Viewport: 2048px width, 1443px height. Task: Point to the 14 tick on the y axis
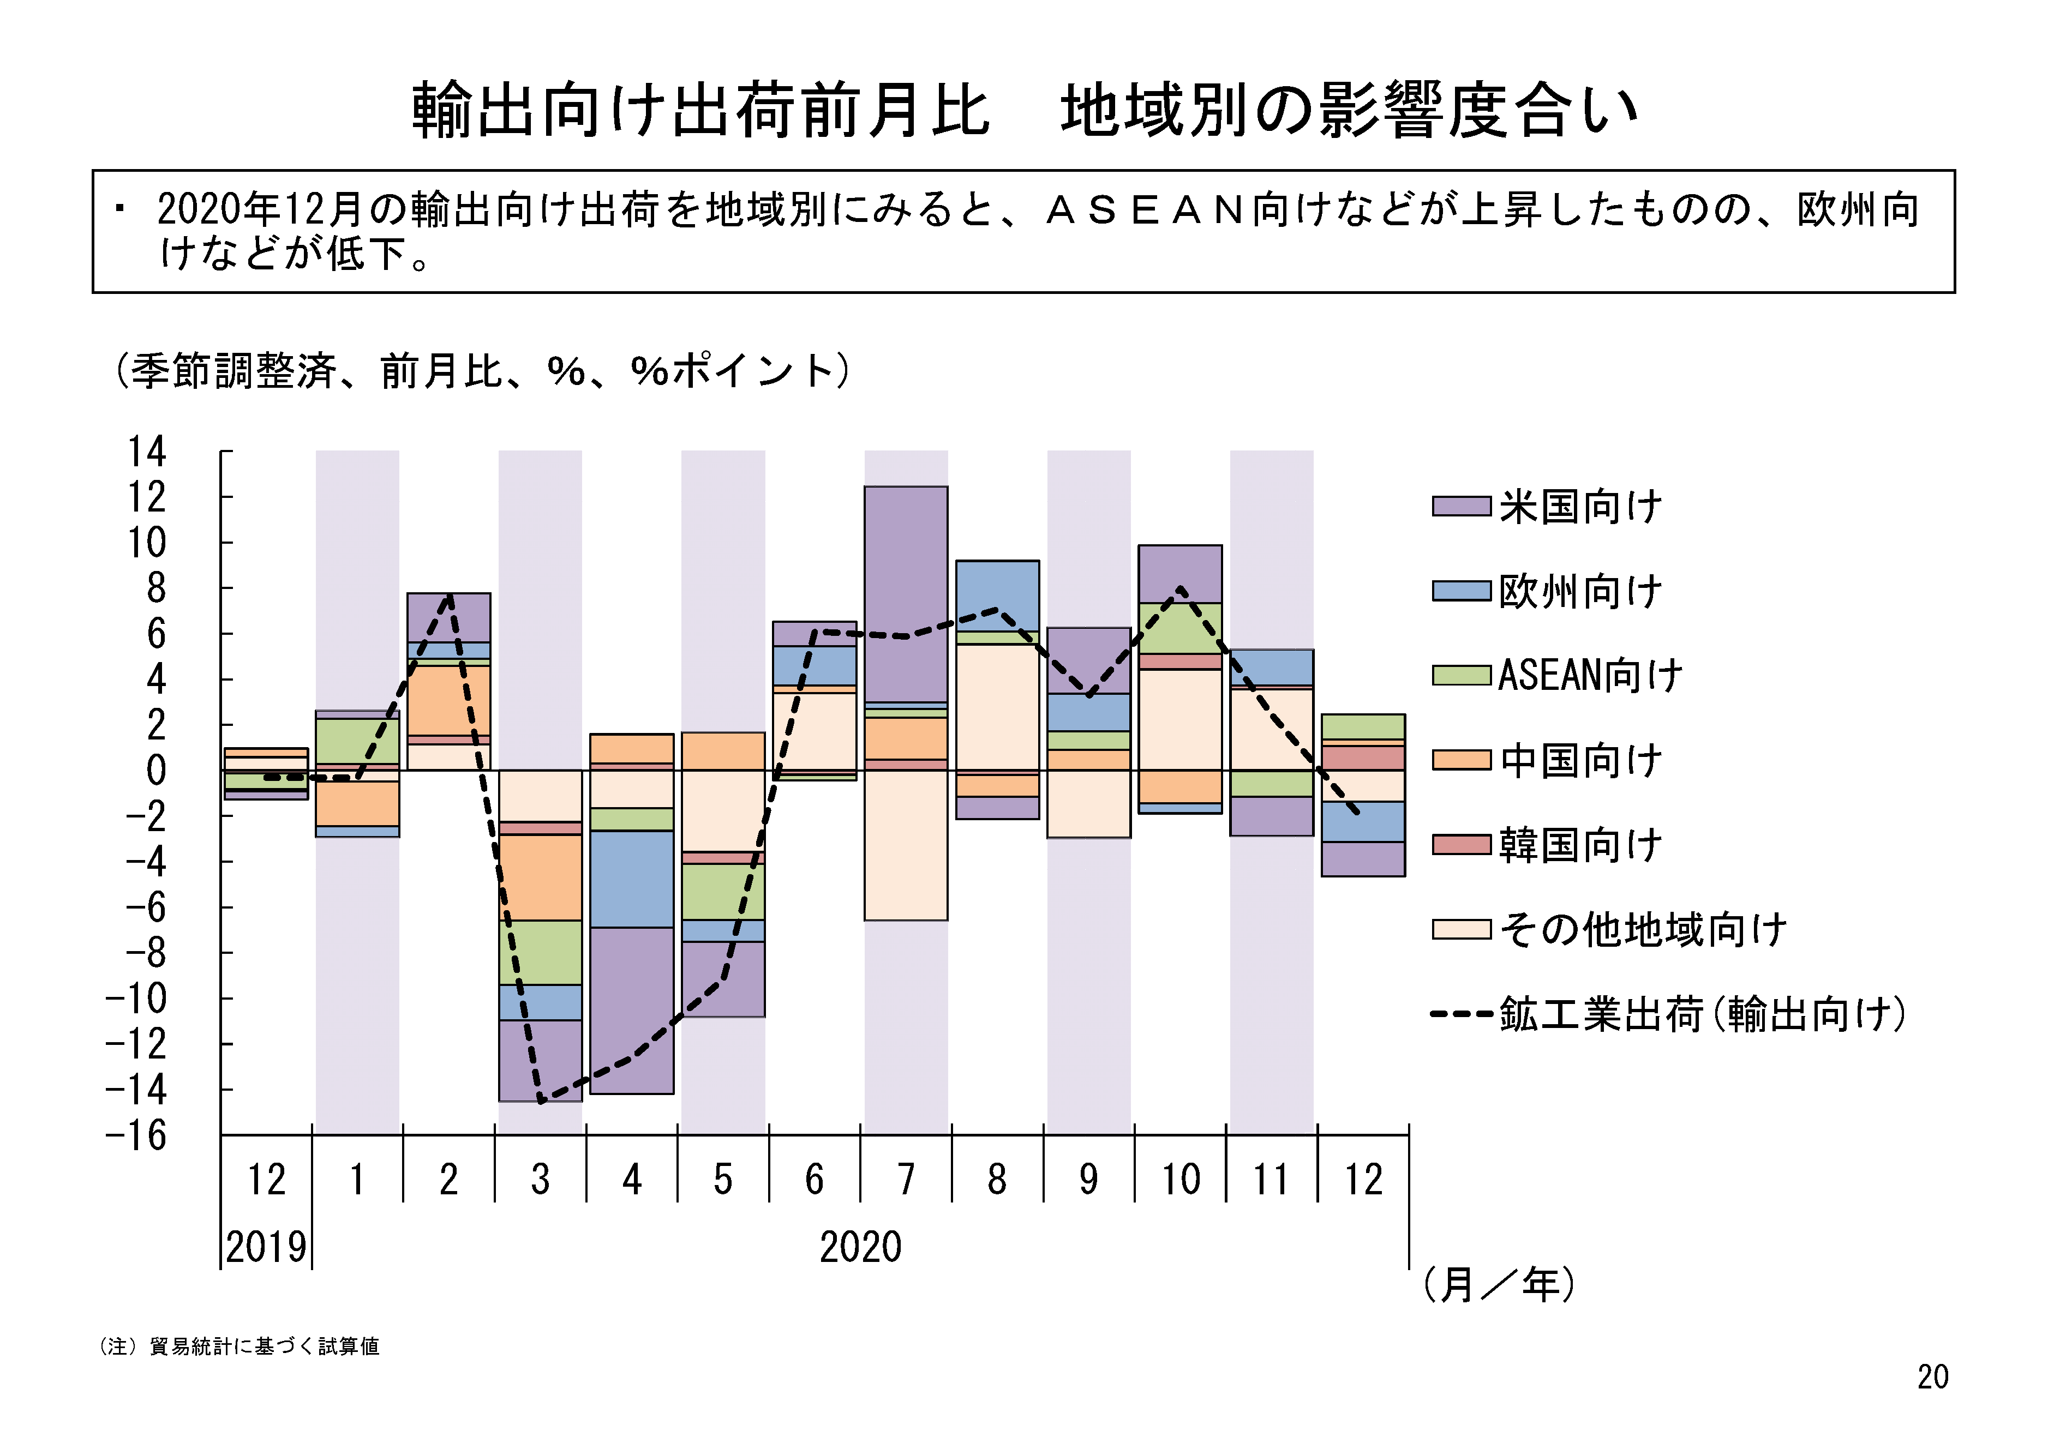click(147, 452)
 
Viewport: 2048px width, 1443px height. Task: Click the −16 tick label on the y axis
click(136, 1135)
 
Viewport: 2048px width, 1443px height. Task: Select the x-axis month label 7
click(906, 1180)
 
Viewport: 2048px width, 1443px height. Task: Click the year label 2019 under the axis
click(266, 1247)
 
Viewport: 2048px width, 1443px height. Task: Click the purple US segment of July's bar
click(906, 594)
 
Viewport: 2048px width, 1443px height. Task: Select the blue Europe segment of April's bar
click(632, 879)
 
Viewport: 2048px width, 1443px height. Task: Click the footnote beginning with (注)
click(239, 1346)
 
